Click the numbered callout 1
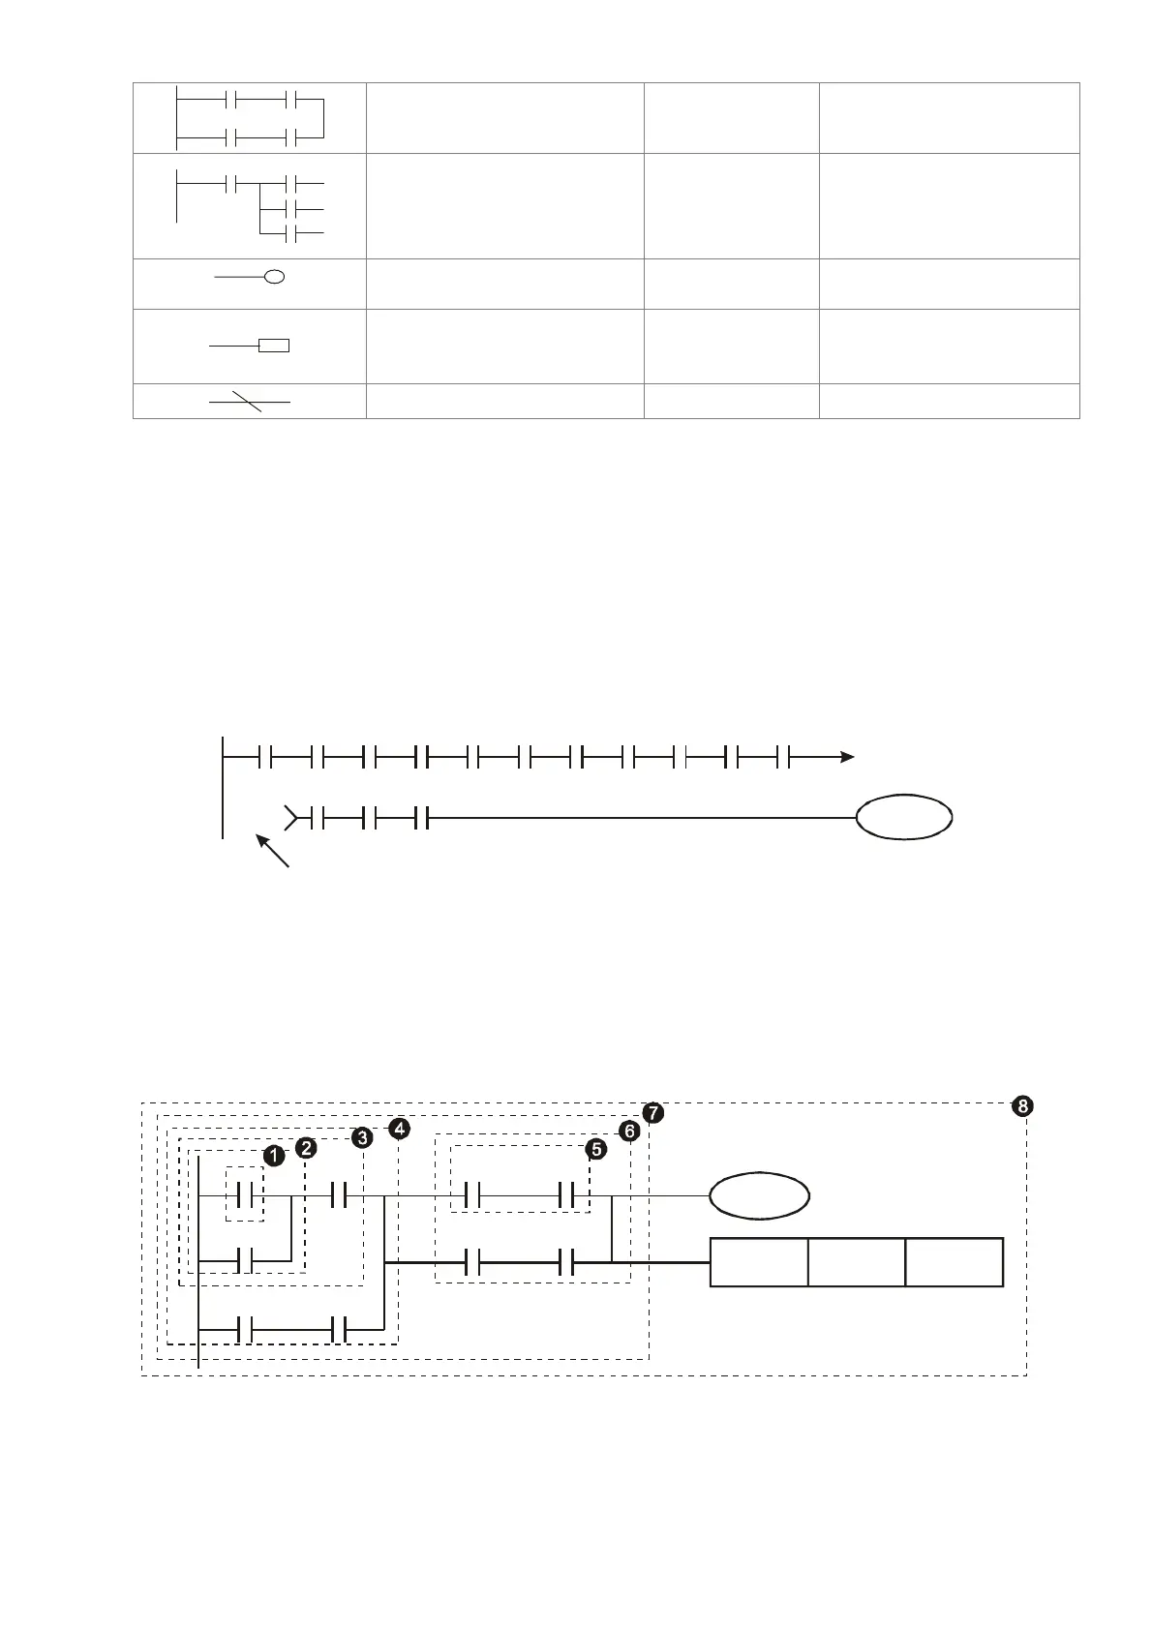[274, 1156]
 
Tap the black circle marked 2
[306, 1148]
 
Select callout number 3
[362, 1137]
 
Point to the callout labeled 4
[399, 1129]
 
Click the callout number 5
[596, 1149]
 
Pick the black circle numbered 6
[629, 1131]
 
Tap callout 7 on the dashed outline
[654, 1113]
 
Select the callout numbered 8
[1021, 1106]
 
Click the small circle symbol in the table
[275, 278]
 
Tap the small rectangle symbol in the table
[275, 346]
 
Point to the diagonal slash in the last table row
[249, 401]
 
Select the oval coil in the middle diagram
[904, 818]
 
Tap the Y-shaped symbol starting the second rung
[289, 818]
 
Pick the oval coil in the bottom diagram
[760, 1196]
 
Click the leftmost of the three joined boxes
[759, 1261]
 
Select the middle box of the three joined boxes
[857, 1261]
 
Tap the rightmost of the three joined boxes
[955, 1261]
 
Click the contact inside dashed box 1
[245, 1196]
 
